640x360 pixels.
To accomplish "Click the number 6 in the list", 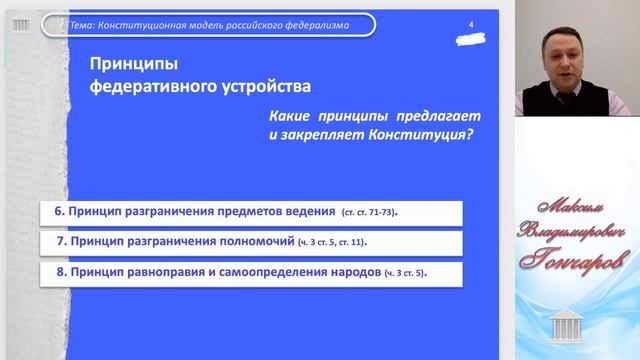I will [x=59, y=212].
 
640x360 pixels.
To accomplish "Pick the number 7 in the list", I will [x=59, y=243].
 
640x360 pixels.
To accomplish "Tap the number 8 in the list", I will [x=59, y=273].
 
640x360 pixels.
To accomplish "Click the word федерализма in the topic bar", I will [x=313, y=24].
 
